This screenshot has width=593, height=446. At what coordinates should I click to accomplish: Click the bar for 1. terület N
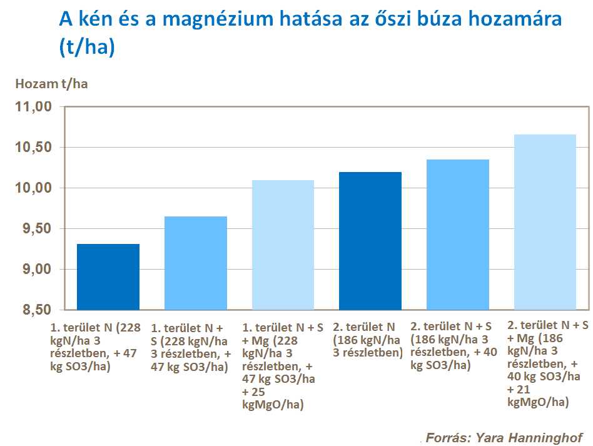click(108, 276)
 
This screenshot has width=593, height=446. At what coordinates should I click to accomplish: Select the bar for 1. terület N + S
click(195, 263)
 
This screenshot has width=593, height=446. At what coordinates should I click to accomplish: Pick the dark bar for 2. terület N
click(370, 241)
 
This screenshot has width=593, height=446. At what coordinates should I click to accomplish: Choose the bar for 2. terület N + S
click(458, 235)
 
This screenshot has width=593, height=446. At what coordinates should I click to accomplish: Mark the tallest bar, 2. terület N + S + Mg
click(545, 222)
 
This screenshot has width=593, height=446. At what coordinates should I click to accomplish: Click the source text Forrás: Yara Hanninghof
click(504, 437)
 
